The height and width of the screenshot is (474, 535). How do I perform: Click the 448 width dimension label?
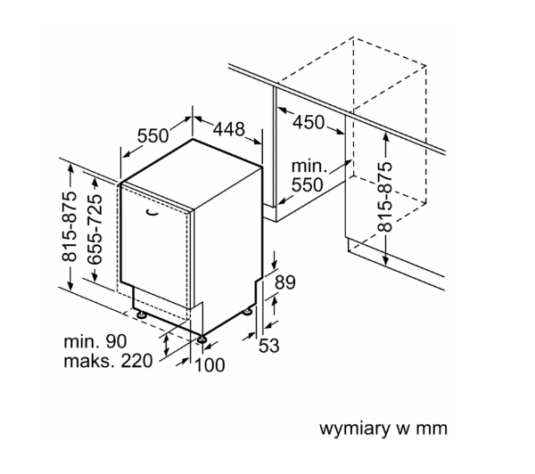(229, 129)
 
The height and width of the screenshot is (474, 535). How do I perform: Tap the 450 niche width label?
(309, 122)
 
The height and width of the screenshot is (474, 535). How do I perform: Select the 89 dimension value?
(285, 282)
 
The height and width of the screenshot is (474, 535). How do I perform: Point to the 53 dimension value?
(269, 346)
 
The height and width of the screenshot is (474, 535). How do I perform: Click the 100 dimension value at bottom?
(210, 365)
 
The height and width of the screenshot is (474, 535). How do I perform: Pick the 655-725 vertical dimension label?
(95, 229)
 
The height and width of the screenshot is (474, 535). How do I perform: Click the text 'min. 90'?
(95, 341)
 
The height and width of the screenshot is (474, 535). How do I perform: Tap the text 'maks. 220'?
(108, 361)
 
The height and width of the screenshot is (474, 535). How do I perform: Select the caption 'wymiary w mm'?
(383, 429)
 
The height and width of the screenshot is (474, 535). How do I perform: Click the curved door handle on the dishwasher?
(152, 212)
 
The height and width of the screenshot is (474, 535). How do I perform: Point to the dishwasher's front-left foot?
(140, 314)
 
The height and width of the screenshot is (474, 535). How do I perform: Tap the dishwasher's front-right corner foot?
(202, 339)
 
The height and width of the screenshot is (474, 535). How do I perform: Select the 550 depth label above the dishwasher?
(152, 135)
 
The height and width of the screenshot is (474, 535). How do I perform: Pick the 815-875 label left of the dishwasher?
(69, 226)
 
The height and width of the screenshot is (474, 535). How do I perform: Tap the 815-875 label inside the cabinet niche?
(385, 197)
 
